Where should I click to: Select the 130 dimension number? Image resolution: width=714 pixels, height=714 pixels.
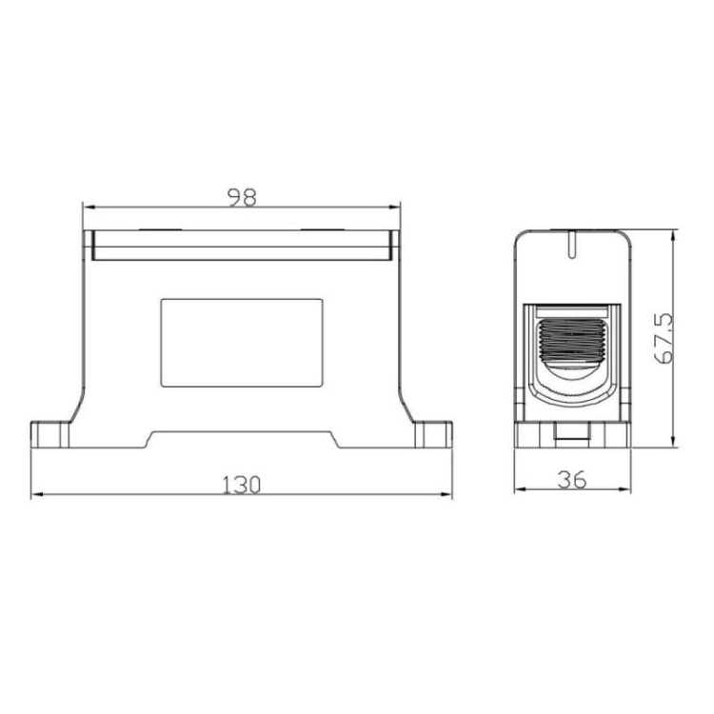pos(242,484)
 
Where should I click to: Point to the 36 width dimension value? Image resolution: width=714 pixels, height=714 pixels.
pos(571,481)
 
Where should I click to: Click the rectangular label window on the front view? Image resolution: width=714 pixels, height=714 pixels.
pos(242,342)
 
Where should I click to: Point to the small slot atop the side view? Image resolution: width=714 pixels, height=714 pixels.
pos(571,244)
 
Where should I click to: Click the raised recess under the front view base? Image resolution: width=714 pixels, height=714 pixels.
pos(242,441)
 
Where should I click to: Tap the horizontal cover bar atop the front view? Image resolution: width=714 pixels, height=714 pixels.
pos(242,246)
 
